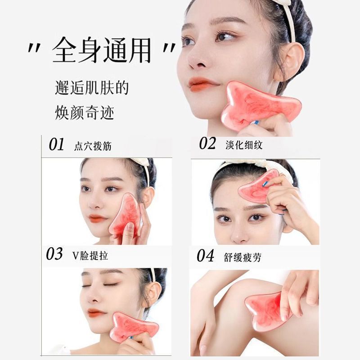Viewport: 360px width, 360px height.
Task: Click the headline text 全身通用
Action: (101, 50)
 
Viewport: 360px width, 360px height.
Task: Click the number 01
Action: (57, 145)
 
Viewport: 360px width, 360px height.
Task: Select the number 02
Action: (207, 144)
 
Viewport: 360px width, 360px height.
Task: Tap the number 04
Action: (205, 256)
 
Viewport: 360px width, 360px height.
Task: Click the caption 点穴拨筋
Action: (93, 146)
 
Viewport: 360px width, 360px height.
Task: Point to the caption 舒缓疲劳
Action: (242, 257)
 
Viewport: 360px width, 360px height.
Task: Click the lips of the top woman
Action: (202, 84)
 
